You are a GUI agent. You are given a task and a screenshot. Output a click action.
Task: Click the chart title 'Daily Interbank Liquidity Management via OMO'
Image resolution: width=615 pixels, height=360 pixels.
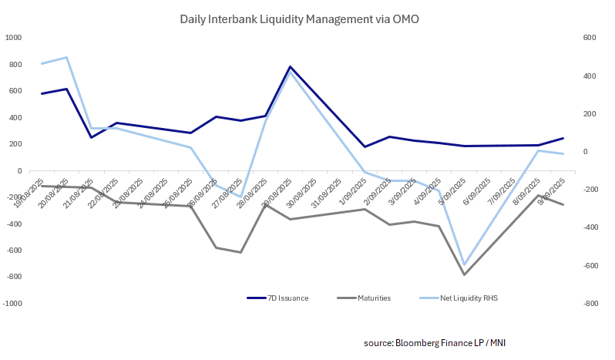pyautogui.click(x=299, y=19)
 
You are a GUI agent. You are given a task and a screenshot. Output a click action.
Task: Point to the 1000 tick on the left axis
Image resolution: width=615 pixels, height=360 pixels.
pyautogui.click(x=13, y=38)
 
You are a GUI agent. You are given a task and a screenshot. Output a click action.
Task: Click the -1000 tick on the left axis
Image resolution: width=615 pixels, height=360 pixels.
pyautogui.click(x=12, y=304)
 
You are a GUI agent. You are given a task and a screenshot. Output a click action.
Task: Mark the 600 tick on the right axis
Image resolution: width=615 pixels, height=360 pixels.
pyautogui.click(x=568, y=38)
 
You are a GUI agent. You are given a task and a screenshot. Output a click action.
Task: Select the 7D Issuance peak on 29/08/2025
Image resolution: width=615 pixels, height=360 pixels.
pyautogui.click(x=290, y=67)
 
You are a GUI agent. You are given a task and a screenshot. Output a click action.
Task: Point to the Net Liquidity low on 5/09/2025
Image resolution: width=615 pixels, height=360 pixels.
pyautogui.click(x=464, y=264)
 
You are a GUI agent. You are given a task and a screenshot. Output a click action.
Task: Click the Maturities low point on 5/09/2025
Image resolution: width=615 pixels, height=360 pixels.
pyautogui.click(x=464, y=274)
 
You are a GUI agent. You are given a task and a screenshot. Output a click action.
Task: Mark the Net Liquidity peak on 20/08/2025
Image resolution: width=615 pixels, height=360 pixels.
pyautogui.click(x=67, y=57)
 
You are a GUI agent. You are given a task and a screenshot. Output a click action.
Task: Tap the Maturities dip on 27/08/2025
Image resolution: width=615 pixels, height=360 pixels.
pyautogui.click(x=240, y=252)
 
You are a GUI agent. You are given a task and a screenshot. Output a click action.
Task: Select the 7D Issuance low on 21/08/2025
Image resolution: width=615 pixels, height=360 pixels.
pyautogui.click(x=92, y=137)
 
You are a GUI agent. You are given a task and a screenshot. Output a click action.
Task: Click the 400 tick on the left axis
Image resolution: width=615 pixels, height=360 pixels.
pyautogui.click(x=15, y=118)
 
